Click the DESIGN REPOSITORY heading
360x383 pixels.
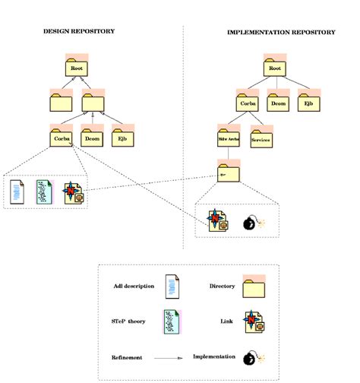pos(79,31)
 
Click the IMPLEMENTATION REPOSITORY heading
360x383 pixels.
pos(281,33)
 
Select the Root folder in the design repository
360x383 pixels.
pos(76,68)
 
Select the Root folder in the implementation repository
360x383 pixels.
pos(275,68)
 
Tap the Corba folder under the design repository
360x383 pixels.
pos(62,138)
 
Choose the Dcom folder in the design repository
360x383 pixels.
pos(93,138)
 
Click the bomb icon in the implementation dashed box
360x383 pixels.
pos(251,223)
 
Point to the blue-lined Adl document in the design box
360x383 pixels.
pos(17,191)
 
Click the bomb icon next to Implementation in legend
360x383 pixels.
pos(251,357)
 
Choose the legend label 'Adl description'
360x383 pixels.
pos(134,286)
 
